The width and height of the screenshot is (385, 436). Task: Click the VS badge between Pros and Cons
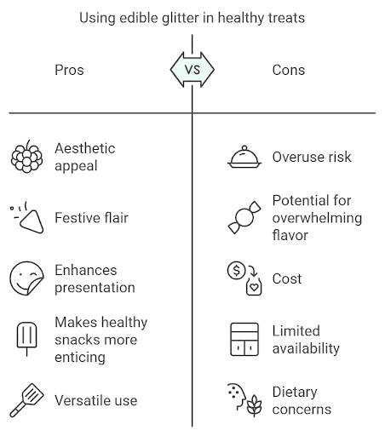click(x=192, y=70)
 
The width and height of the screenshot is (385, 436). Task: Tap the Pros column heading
click(x=69, y=70)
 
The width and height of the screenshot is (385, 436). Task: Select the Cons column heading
click(x=289, y=70)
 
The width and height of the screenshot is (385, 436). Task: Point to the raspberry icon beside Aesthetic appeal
click(x=27, y=157)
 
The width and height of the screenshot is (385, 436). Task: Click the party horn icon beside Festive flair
click(x=27, y=218)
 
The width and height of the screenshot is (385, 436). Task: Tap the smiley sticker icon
click(x=27, y=278)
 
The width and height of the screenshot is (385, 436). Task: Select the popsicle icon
click(x=27, y=339)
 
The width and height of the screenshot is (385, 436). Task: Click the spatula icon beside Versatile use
click(x=27, y=400)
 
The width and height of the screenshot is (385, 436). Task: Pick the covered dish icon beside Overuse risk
click(x=244, y=157)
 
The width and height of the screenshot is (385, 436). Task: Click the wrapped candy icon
click(x=244, y=218)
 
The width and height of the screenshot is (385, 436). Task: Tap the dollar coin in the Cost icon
click(x=236, y=270)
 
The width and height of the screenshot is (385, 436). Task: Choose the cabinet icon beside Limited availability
click(x=244, y=339)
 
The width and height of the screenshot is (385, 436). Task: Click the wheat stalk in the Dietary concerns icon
click(x=254, y=406)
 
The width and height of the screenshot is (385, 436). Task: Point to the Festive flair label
click(x=91, y=218)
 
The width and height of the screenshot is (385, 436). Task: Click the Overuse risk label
click(x=312, y=157)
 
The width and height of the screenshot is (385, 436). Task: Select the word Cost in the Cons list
click(x=287, y=278)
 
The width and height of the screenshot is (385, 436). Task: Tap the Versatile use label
click(x=96, y=400)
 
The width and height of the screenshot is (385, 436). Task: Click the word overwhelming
click(x=317, y=218)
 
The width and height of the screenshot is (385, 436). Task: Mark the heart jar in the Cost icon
click(x=254, y=287)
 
